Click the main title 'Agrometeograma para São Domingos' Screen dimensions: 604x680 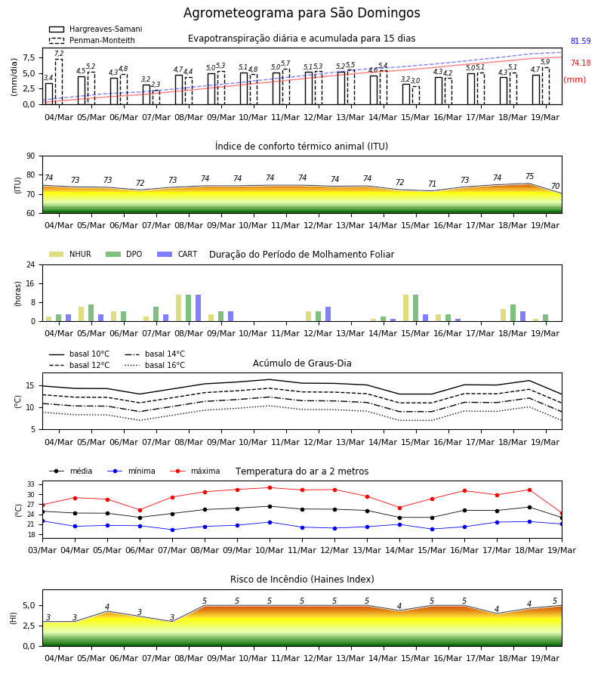tap(301, 13)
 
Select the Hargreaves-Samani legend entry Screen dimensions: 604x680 tap(95, 29)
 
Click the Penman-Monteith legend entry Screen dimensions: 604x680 tap(92, 40)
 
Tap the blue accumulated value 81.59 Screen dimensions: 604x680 tap(581, 42)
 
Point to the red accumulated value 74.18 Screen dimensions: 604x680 tap(581, 63)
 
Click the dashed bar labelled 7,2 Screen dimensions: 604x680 tap(58, 82)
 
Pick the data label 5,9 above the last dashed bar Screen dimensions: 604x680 tap(545, 62)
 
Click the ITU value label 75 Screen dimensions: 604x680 tap(529, 176)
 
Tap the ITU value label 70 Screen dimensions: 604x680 tap(555, 186)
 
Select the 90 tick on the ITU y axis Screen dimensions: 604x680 tap(31, 156)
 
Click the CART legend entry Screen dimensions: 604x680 tap(177, 254)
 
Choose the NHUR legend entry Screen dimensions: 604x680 tap(70, 254)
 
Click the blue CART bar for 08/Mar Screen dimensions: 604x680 tap(198, 308)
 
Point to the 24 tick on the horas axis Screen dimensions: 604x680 tap(31, 264)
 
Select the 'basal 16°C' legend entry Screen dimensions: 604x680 tap(155, 365)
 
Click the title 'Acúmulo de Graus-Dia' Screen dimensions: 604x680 tap(302, 363)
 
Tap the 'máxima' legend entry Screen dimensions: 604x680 tap(195, 471)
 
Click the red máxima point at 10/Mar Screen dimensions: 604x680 tap(270, 487)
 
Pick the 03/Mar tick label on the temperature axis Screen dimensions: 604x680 tap(42, 550)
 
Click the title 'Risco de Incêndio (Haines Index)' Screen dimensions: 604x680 tap(302, 579)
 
